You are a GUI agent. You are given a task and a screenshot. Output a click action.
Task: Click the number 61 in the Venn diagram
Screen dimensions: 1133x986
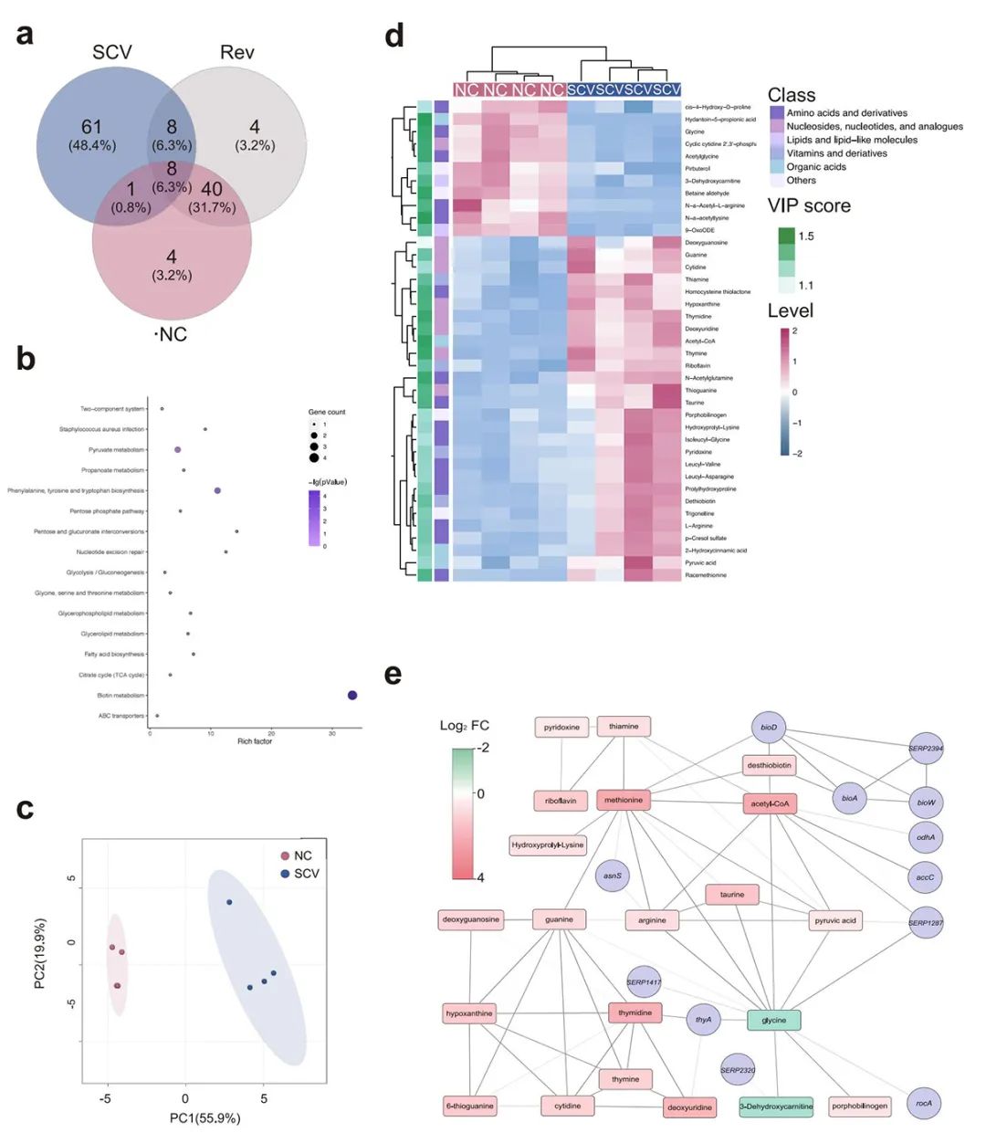tap(91, 127)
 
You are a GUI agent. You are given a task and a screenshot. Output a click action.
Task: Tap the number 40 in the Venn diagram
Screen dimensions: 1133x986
tap(212, 190)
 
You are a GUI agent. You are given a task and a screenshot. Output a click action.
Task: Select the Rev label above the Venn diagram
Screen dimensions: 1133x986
tap(236, 52)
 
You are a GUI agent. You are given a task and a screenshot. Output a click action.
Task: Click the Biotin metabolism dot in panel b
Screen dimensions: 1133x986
tap(352, 696)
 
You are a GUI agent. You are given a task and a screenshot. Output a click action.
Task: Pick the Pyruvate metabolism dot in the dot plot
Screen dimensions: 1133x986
tap(178, 449)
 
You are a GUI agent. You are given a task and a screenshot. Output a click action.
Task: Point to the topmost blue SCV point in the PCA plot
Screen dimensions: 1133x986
tap(229, 902)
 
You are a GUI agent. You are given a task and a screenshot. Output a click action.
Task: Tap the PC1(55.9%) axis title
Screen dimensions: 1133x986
tap(205, 1117)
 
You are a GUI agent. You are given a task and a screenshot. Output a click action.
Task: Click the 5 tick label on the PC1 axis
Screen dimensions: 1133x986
tap(264, 1098)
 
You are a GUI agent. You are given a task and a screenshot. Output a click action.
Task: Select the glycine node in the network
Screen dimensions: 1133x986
tap(773, 1020)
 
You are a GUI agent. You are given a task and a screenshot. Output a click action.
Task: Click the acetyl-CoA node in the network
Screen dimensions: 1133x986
tap(770, 803)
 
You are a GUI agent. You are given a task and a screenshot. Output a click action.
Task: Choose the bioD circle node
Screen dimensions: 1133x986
tap(769, 728)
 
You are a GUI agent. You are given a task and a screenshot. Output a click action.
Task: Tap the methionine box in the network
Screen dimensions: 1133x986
tap(624, 800)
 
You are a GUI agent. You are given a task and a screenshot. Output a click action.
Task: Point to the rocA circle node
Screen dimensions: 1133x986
tap(924, 1103)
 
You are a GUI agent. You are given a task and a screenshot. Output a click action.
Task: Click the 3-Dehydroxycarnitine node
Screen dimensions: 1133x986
tap(776, 1106)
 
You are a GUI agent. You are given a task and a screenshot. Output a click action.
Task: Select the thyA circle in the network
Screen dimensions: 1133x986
tap(703, 1020)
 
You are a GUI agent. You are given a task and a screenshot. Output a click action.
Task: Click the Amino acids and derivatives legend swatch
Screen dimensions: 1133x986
tap(777, 112)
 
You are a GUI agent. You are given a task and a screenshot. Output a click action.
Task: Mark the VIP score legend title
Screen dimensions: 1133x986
tap(809, 206)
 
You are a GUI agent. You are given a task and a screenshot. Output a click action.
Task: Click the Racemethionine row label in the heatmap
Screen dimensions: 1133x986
tap(706, 575)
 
